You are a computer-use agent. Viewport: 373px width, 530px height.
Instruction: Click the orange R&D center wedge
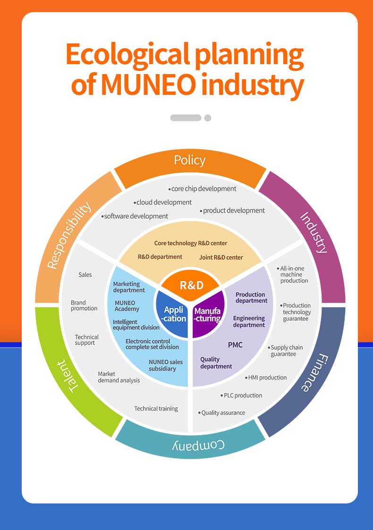191,285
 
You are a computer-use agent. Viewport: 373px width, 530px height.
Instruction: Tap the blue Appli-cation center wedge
173,314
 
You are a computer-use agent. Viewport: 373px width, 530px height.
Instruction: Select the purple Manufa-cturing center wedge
208,315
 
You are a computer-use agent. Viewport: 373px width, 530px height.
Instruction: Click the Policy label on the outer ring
190,160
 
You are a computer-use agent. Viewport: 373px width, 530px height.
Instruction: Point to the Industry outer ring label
314,233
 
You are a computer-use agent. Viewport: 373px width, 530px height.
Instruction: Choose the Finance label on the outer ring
313,372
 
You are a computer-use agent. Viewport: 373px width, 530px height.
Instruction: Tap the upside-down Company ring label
191,445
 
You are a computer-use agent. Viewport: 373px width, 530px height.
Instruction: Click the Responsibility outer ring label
69,236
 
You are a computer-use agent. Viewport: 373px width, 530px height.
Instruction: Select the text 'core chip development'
203,189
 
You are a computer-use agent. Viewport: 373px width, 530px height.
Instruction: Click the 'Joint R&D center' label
221,257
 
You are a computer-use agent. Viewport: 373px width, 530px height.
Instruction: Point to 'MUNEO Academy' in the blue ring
127,306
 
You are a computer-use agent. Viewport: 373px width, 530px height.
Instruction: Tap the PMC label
235,345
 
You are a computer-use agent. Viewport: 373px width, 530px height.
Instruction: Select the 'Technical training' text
156,409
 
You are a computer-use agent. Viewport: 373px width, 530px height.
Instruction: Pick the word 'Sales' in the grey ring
85,275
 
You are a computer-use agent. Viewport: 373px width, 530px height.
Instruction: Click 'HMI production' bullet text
267,378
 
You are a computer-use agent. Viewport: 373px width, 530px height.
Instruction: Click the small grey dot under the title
208,118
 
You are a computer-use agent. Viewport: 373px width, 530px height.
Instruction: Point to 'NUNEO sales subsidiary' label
165,365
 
